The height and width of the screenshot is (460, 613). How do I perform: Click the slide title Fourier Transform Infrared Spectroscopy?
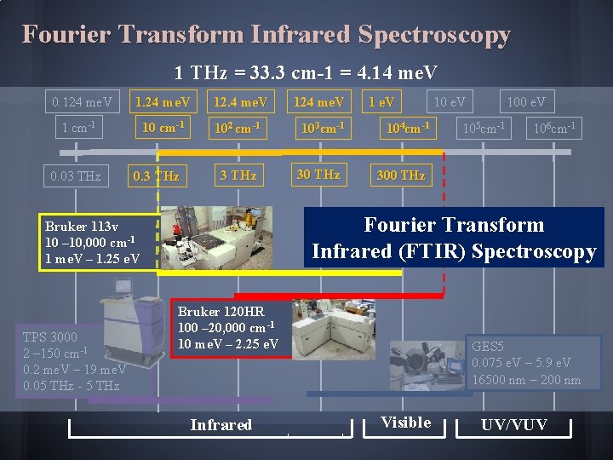[266, 35]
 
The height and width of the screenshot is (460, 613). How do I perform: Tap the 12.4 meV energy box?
[240, 102]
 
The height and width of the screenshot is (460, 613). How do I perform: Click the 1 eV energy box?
[381, 102]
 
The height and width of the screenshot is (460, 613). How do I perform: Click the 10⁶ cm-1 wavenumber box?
[553, 129]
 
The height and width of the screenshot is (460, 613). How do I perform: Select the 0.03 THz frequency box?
[75, 176]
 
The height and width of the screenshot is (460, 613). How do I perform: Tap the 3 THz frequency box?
[238, 175]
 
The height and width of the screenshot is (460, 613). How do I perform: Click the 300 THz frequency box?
[400, 175]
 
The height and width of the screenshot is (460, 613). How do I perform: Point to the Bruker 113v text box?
[93, 243]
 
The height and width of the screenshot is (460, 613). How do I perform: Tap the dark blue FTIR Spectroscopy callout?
[454, 238]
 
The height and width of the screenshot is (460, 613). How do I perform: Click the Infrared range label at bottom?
[221, 424]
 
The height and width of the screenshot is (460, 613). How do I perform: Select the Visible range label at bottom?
[405, 423]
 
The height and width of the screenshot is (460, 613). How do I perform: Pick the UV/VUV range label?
[514, 424]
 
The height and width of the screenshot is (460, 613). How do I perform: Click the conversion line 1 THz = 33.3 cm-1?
[306, 72]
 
